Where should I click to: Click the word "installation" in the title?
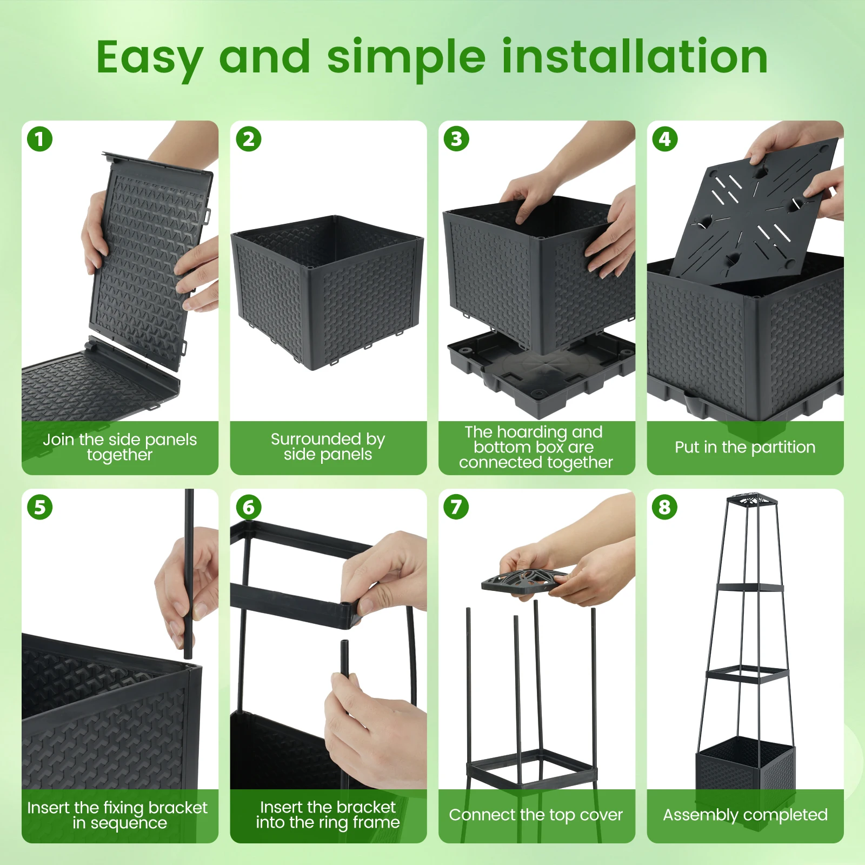[x=635, y=56]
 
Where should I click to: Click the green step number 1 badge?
[x=40, y=139]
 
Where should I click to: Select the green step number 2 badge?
[x=249, y=139]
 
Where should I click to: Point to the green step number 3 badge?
[x=457, y=139]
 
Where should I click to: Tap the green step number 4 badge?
[x=665, y=139]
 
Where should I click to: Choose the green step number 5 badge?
[x=40, y=508]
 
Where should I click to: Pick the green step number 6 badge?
[x=249, y=508]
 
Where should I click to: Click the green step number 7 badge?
[x=457, y=508]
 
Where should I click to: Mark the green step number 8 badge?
[x=665, y=508]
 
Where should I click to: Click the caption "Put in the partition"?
[x=745, y=447]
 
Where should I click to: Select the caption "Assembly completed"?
[x=745, y=815]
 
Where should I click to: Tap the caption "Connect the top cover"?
[x=536, y=815]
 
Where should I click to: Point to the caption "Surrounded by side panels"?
[x=328, y=447]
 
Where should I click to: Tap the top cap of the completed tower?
[x=748, y=501]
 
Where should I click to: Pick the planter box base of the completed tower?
[x=746, y=768]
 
